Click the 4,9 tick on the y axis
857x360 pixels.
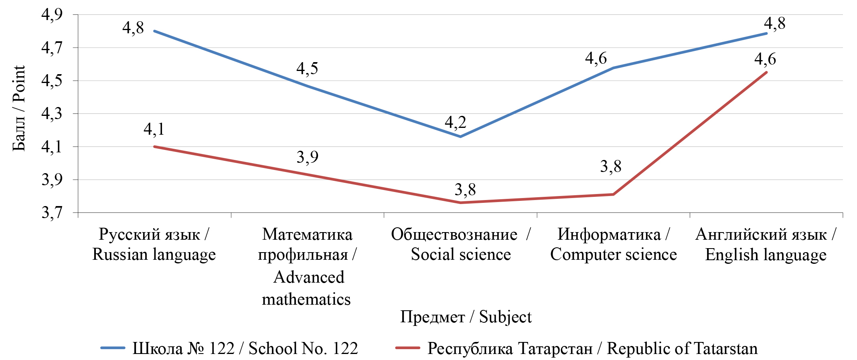click(x=52, y=15)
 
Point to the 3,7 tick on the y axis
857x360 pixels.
click(x=52, y=212)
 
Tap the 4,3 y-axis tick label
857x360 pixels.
click(x=52, y=114)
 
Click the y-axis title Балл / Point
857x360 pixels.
click(x=19, y=108)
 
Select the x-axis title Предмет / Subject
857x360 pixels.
click(x=466, y=317)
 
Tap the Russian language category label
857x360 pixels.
click(x=154, y=244)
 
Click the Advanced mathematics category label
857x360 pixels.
click(x=307, y=267)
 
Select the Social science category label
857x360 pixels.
click(x=461, y=244)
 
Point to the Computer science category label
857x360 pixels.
click(x=614, y=244)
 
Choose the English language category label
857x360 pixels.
click(x=766, y=244)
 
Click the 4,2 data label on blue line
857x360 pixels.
click(x=456, y=122)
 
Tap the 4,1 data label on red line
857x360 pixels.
click(x=154, y=129)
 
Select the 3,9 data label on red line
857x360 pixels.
click(x=308, y=157)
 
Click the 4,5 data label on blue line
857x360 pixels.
click(x=307, y=69)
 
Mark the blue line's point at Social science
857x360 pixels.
click(x=460, y=137)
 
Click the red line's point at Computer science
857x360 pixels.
click(x=614, y=194)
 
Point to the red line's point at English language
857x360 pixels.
click(x=766, y=72)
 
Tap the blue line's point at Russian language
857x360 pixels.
click(x=154, y=31)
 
